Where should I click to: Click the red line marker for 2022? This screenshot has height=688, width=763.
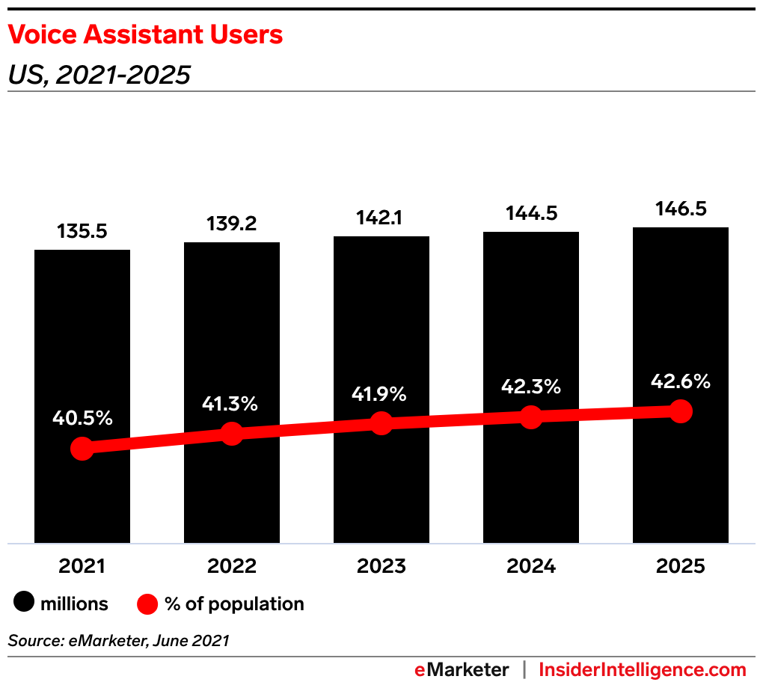coord(232,434)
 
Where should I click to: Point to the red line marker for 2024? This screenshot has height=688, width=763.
coord(531,417)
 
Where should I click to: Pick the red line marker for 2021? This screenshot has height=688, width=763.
coord(82,449)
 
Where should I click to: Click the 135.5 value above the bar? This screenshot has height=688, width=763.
coord(82,231)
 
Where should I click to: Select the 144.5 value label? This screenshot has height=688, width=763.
coord(531,213)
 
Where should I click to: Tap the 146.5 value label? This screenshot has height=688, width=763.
coord(681,208)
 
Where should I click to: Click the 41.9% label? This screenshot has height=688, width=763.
coord(381,393)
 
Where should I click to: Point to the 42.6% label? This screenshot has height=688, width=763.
coord(681,381)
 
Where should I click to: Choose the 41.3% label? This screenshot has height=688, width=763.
coord(232,404)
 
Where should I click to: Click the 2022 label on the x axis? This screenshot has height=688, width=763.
coord(232,566)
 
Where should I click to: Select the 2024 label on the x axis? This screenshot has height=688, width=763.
coord(531,566)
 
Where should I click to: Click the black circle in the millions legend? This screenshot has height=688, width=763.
coord(25,603)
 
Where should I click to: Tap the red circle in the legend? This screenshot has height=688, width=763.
coord(147,603)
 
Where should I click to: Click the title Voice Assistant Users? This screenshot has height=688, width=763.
coord(146,34)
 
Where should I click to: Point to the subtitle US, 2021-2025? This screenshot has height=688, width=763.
coord(99,75)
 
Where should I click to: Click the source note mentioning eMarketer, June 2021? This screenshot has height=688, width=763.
coord(118,640)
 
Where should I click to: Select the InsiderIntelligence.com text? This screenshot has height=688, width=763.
coord(643,669)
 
